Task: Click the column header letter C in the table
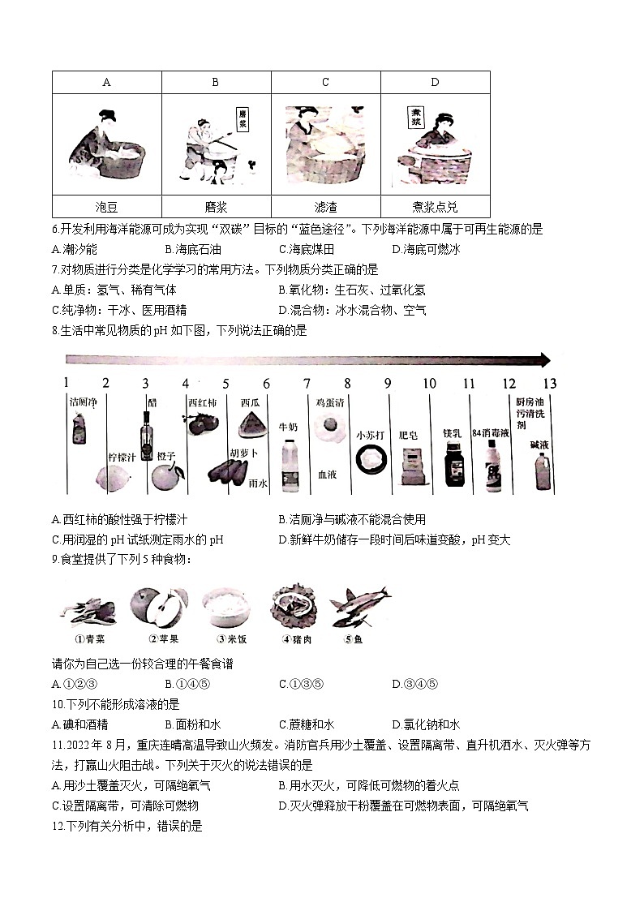(x=325, y=82)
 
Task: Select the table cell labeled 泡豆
(x=107, y=207)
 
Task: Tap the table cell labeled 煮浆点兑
(x=435, y=207)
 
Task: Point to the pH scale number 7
(x=307, y=384)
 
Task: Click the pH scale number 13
(x=549, y=384)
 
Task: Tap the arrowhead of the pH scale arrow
(x=543, y=360)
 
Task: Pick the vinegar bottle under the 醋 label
(x=148, y=431)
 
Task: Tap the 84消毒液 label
(x=490, y=433)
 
